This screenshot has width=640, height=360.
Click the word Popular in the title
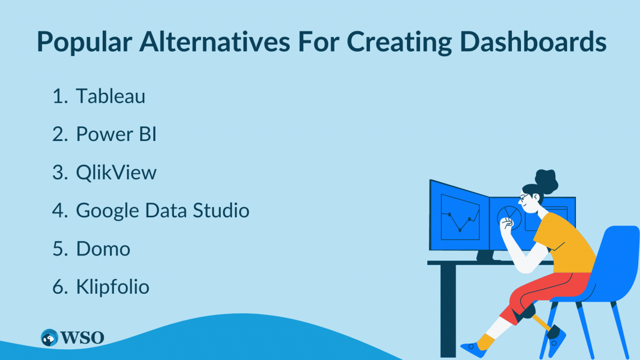[x=84, y=43]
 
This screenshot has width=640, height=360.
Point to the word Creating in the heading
[x=399, y=43]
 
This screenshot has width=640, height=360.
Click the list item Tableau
[x=111, y=97]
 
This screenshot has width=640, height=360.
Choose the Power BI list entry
[x=116, y=134]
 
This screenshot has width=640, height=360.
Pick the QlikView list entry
[x=116, y=172]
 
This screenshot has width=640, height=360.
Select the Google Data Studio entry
[x=162, y=211]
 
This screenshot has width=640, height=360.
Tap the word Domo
[x=103, y=249]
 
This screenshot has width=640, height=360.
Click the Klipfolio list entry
[x=113, y=287]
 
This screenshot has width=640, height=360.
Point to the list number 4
[x=60, y=211]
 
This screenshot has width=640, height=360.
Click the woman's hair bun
[x=547, y=180]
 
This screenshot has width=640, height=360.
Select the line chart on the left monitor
[x=460, y=217]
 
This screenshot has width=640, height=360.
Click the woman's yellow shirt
[x=565, y=244]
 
